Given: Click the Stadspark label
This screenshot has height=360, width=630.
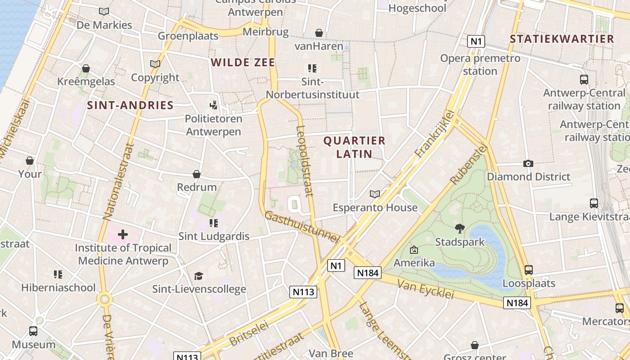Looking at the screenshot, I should coord(460,242).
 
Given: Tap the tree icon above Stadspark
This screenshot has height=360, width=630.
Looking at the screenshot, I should coord(460,229).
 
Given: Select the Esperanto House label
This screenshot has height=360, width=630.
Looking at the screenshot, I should coord(375,207).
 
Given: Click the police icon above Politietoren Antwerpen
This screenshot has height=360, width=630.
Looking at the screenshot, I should coord(214,105).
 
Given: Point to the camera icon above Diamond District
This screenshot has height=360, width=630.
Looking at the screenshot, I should coord(528,163).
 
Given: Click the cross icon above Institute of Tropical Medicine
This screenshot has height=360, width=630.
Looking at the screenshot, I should coord(123,234).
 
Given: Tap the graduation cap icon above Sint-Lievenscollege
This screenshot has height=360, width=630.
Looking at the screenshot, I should coord(198,276).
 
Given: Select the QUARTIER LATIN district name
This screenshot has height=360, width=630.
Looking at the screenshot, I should coord(355,147).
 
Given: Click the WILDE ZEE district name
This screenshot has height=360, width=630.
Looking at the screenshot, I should coord(243,63).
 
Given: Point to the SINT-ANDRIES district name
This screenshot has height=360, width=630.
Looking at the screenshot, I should coord(130,105).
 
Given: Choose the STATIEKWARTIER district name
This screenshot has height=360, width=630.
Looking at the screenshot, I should coord(562,39).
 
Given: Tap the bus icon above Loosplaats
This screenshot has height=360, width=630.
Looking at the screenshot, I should coord(529,270).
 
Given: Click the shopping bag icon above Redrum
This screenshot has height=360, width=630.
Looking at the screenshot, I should coord(197,174).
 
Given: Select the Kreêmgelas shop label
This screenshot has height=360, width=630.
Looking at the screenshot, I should coord(86,81).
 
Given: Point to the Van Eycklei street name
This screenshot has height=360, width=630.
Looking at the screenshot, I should coord(426,288).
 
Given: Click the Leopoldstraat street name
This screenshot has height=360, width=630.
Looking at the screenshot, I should coord(305,161).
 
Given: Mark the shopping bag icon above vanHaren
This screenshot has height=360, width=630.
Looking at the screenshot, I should coord(319,33).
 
